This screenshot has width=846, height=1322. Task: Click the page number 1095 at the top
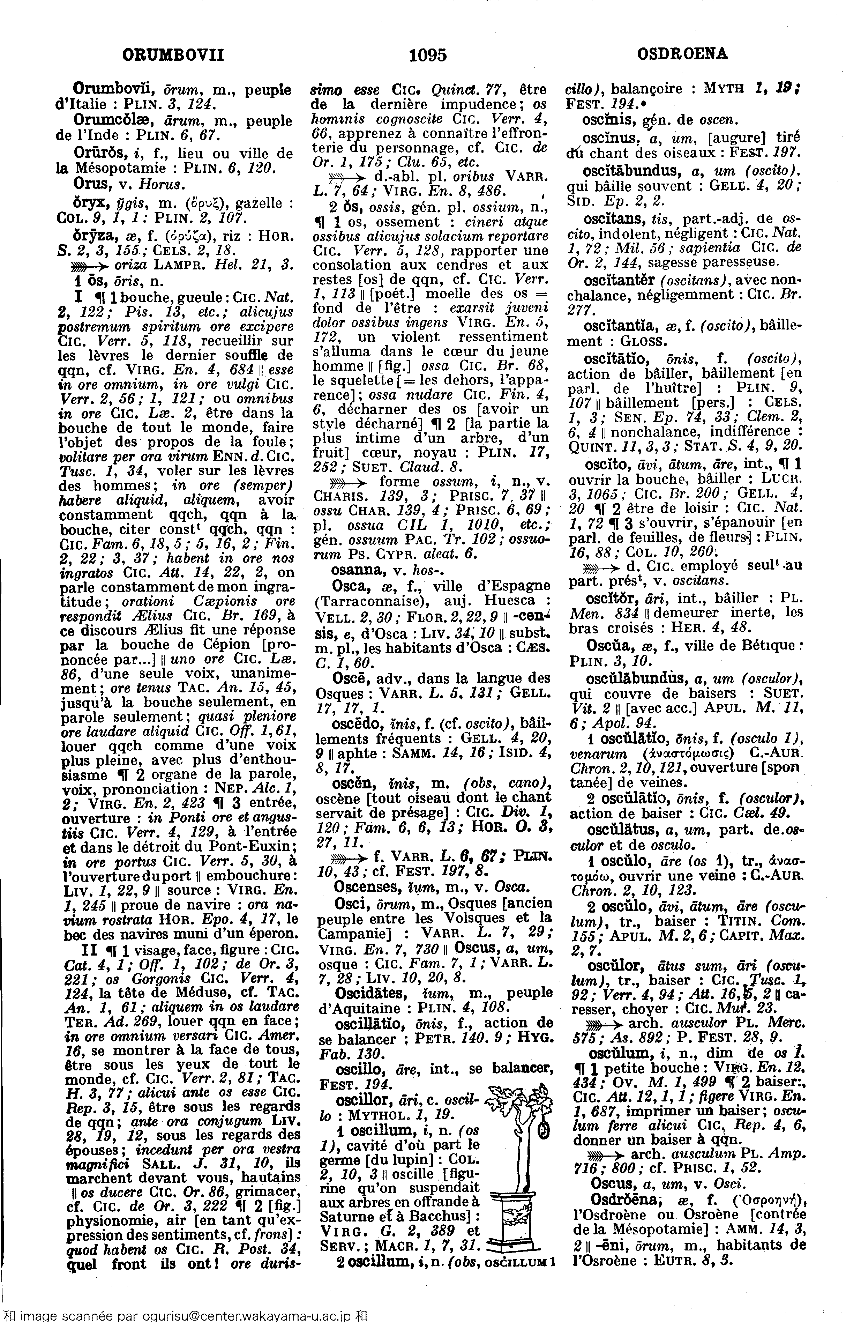pos(428,55)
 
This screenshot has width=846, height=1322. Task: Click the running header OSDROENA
pos(682,54)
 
